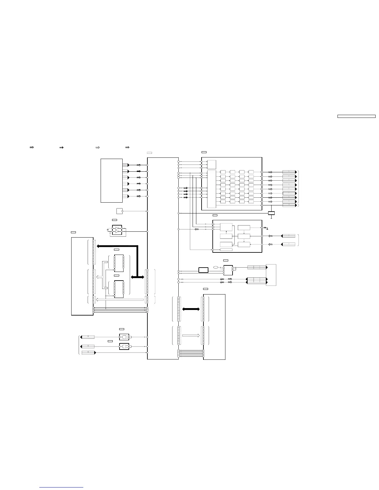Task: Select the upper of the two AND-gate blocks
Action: pyautogui.click(x=124, y=337)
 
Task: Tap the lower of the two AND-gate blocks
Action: pyautogui.click(x=124, y=346)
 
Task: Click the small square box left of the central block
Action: pyautogui.click(x=119, y=211)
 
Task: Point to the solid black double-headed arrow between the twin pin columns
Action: pyautogui.click(x=191, y=309)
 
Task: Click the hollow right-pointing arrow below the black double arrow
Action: pyautogui.click(x=191, y=335)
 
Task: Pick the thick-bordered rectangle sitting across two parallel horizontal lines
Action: pyautogui.click(x=203, y=270)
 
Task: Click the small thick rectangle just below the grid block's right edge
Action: pyautogui.click(x=271, y=213)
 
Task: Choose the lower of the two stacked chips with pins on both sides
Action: pyautogui.click(x=119, y=289)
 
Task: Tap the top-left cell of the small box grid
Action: pyautogui.click(x=223, y=172)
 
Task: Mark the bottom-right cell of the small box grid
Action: pyautogui.click(x=251, y=202)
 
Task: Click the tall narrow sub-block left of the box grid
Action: pyautogui.click(x=211, y=189)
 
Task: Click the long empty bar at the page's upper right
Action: pyautogui.click(x=356, y=116)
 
